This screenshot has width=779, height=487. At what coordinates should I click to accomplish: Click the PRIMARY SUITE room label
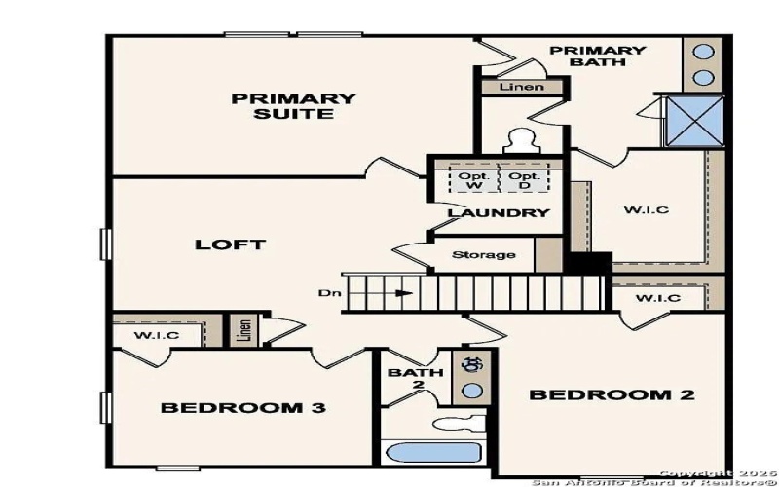(293, 106)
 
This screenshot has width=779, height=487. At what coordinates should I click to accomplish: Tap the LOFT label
(231, 244)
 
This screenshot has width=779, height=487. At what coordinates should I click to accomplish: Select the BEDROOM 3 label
(242, 407)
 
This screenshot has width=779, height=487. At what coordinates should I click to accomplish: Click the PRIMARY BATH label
(597, 56)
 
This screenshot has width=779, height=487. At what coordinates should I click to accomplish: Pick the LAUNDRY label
(499, 212)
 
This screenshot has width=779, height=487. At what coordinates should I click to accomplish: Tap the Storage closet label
(484, 255)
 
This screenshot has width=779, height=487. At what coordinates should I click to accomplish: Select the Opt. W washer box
(472, 180)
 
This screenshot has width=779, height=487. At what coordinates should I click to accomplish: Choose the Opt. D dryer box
(523, 180)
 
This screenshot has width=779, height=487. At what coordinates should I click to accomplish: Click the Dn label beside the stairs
(328, 292)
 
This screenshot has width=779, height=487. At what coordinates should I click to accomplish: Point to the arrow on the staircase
(403, 292)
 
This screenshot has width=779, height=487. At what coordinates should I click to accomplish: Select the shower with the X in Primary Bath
(692, 122)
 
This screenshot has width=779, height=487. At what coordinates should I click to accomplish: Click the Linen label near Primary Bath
(522, 88)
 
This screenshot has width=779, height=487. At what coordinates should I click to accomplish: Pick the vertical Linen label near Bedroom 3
(242, 330)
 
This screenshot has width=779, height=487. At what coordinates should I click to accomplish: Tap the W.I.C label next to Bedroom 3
(156, 336)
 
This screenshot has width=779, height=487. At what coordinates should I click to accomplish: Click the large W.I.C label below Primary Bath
(647, 210)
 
